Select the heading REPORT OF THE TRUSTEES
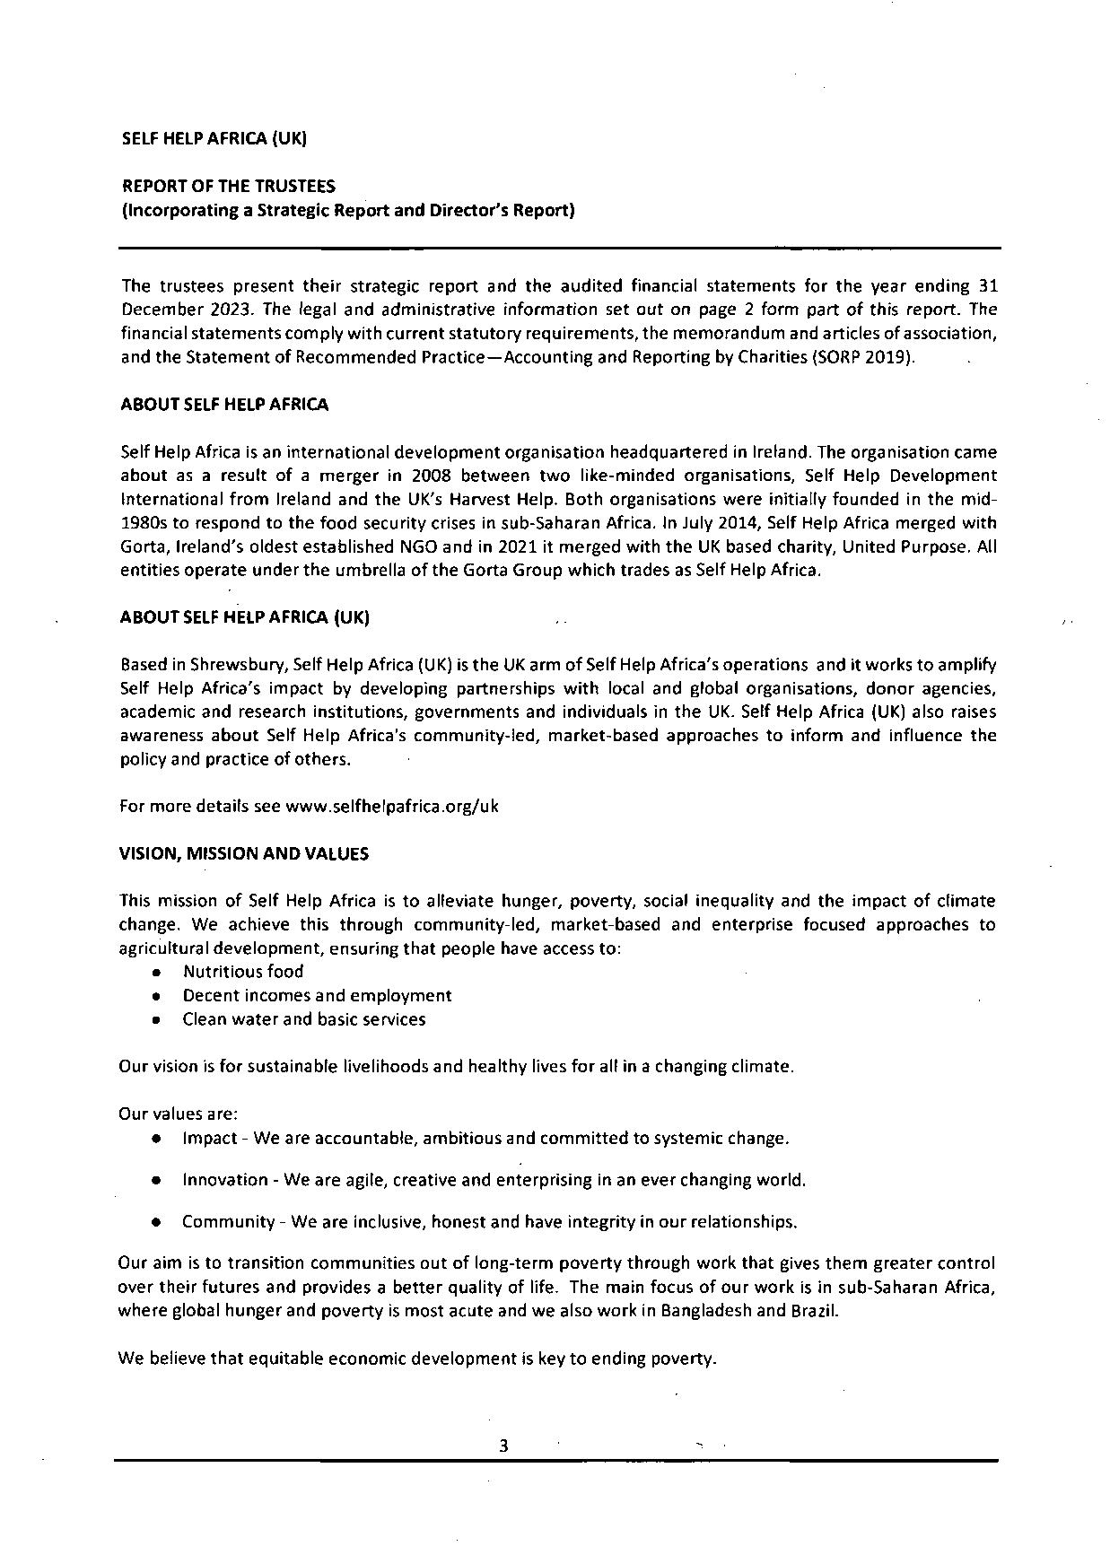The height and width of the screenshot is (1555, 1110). [x=228, y=187]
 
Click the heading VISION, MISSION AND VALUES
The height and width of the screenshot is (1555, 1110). [x=243, y=854]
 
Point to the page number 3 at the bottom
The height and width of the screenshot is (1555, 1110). [x=503, y=1446]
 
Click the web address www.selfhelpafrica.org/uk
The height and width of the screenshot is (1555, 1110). [x=391, y=806]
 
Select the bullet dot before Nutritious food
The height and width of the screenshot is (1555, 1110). [x=157, y=973]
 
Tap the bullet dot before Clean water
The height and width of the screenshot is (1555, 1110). [x=157, y=1020]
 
